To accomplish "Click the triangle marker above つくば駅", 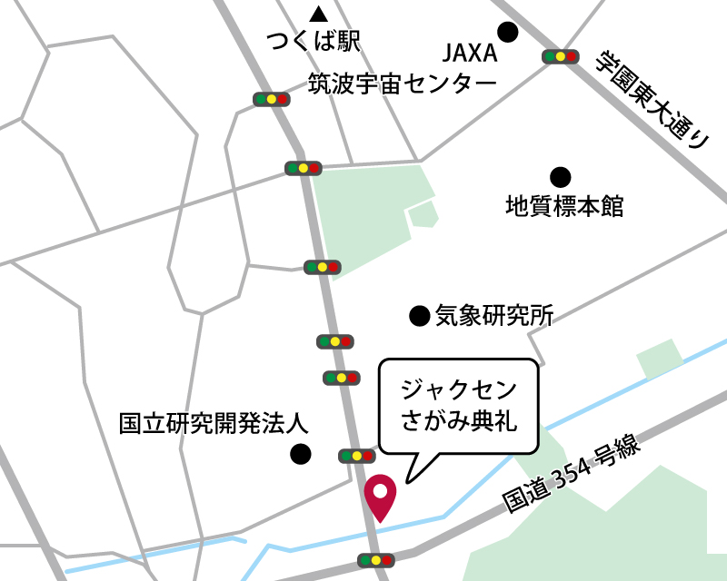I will coord(318,14).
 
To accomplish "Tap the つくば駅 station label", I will coord(314,41).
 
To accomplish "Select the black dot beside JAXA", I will coord(508,33).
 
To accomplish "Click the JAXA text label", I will coord(470,53).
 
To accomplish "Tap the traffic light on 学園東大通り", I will coord(560,56).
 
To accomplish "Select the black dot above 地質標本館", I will coord(561,175).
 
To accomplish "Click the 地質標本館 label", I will coord(564,206).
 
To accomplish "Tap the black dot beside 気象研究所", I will coord(419,316).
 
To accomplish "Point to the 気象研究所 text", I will coord(494,316).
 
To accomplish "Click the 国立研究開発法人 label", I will coord(214,423).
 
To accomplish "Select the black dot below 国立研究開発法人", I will coord(299,453).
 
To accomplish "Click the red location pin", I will coord(380,496).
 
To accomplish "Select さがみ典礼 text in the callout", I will coord(459,420).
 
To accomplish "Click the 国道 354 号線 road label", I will coord(573,476).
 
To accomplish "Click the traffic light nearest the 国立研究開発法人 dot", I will coord(355,456).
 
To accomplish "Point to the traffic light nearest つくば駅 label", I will coord(271,99).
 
